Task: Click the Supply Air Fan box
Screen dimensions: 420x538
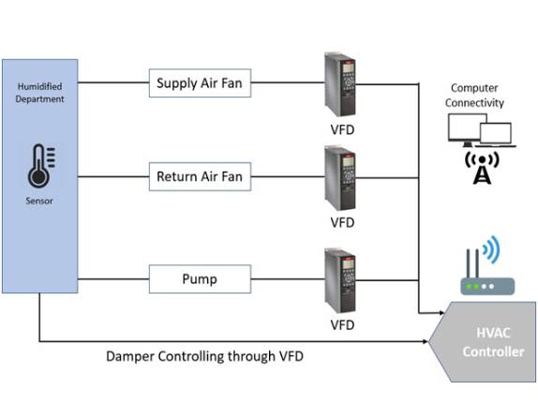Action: pos(200,83)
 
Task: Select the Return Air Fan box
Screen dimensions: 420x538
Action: pos(200,175)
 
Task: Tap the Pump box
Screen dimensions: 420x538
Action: pos(200,279)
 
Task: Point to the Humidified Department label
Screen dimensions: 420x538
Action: pos(39,93)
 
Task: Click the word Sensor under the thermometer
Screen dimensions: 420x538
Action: pos(39,201)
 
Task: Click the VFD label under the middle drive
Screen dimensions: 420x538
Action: pos(342,223)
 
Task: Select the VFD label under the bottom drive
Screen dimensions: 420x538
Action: pos(342,325)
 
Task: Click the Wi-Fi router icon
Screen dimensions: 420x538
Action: pos(482,279)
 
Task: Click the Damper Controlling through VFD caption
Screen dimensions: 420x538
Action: pos(204,356)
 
